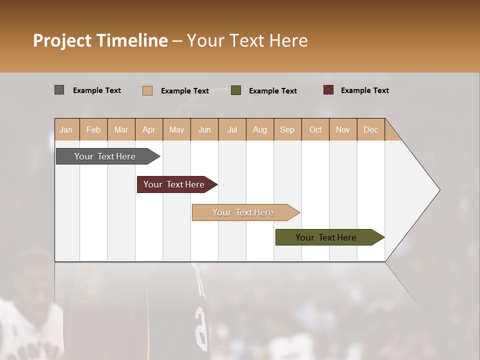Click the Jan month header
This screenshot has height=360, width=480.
point(66,129)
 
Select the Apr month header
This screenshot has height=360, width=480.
point(148,129)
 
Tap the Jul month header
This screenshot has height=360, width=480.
point(232,129)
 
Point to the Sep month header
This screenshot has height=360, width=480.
point(287,129)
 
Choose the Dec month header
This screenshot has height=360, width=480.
point(370,129)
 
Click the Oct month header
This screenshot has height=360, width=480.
point(315,129)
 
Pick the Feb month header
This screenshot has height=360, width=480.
point(93,129)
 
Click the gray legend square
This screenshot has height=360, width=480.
point(59,90)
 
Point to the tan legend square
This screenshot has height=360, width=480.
point(147,90)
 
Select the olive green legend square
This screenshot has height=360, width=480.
point(236,90)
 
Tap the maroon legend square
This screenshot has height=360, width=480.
point(328,90)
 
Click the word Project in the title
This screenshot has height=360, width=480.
point(62,40)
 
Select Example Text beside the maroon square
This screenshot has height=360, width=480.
point(364,90)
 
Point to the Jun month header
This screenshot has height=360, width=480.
point(204,129)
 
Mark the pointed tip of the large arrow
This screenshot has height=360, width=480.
point(439,189)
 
